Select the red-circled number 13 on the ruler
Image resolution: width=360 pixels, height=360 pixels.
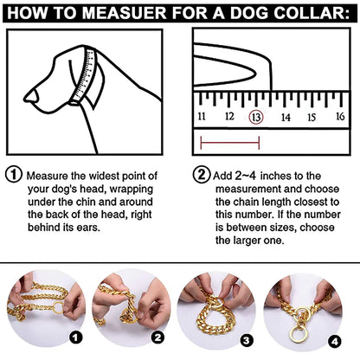click(255, 116)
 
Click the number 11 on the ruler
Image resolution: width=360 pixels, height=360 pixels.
click(201, 116)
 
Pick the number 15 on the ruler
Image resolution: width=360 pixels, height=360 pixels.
click(312, 116)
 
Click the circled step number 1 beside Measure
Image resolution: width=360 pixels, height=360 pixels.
click(13, 173)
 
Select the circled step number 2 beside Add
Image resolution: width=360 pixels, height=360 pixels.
click(200, 173)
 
